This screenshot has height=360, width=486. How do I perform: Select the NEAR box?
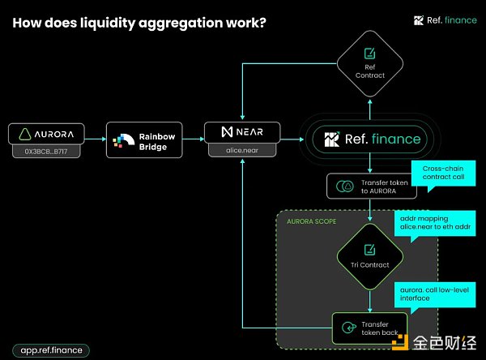click(241, 131)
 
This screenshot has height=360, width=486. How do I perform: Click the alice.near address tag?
click(241, 150)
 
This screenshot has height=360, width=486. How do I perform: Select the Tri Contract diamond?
click(369, 256)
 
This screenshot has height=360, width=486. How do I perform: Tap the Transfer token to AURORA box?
click(371, 185)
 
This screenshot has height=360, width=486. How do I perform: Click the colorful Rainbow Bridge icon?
click(125, 139)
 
